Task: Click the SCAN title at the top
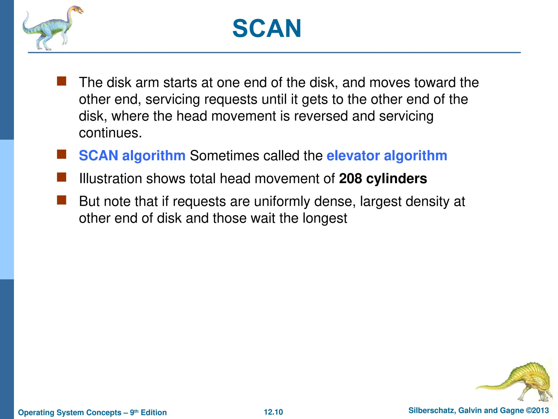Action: (267, 29)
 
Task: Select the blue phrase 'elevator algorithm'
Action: (387, 156)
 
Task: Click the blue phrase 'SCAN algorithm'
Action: (132, 156)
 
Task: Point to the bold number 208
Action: (350, 179)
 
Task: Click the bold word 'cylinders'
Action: (396, 179)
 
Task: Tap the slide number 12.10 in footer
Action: (273, 412)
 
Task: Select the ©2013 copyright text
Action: (537, 410)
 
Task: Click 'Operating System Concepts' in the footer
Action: (69, 412)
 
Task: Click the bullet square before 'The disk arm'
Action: (62, 81)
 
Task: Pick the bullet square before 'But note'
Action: (62, 200)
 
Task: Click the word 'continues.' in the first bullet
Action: (110, 133)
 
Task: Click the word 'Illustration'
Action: (110, 179)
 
